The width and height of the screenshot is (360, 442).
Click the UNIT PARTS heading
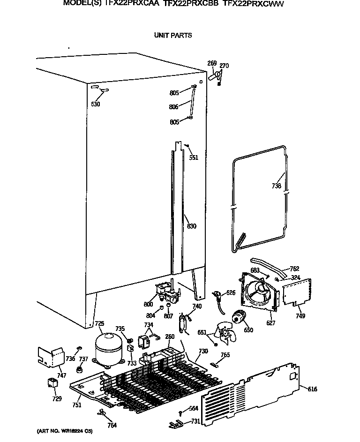tap(172, 35)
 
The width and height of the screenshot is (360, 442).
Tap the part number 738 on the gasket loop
tap(277, 186)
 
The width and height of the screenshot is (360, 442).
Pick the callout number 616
tap(313, 389)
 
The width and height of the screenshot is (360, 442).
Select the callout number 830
tap(191, 226)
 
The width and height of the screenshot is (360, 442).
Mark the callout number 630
tap(96, 104)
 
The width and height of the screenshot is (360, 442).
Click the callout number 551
tap(194, 157)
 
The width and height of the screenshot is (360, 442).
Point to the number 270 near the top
tap(224, 66)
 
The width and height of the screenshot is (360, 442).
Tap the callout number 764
tap(112, 426)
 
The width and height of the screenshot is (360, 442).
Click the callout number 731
tap(195, 421)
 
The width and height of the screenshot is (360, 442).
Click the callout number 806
tap(173, 107)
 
